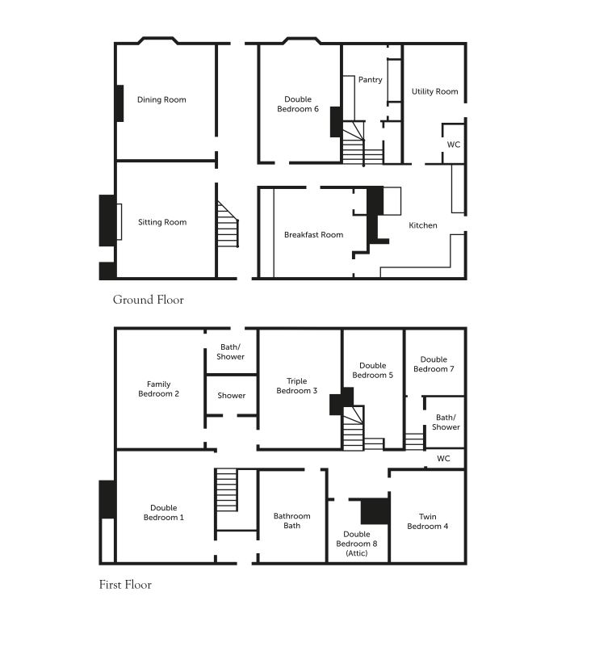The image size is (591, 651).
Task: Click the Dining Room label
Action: point(161,99)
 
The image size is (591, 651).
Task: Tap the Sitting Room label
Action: point(162,222)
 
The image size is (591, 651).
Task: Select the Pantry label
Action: point(371,80)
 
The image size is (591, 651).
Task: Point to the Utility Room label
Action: point(434,91)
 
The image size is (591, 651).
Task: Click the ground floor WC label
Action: point(453,145)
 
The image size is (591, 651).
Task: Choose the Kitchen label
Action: point(423,225)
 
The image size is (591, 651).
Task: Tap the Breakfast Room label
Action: point(314,234)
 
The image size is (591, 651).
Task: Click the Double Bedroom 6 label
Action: point(298,104)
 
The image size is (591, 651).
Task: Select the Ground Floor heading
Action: point(149,300)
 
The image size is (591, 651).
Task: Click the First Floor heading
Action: point(125,585)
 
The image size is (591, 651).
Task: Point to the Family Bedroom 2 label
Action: point(158,389)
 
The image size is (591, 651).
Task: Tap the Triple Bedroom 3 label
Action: point(297,386)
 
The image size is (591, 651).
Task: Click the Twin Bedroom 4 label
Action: point(427,522)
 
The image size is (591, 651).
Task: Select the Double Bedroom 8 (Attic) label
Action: point(357,544)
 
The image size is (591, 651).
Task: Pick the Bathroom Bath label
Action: point(291,521)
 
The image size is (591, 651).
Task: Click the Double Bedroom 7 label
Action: point(434,364)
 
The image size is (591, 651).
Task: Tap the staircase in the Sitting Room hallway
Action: point(228,225)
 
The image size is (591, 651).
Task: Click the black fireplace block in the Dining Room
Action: point(119,103)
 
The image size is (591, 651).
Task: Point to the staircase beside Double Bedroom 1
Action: point(227,490)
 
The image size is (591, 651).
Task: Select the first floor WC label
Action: point(443,458)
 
